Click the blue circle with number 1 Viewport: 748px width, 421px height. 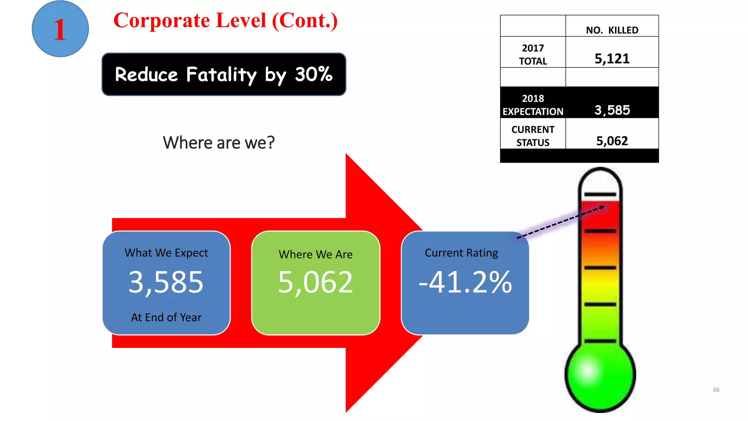pyautogui.click(x=60, y=29)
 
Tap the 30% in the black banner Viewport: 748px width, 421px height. pyautogui.click(x=314, y=74)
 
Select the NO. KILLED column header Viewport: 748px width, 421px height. pyautogui.click(x=612, y=30)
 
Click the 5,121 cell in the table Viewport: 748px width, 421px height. pyautogui.click(x=612, y=58)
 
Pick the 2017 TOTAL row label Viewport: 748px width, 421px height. pyautogui.click(x=533, y=54)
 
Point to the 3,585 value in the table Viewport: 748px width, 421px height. pyautogui.click(x=612, y=110)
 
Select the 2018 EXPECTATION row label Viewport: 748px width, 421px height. pyautogui.click(x=533, y=105)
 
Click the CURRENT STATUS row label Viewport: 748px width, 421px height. pyautogui.click(x=533, y=136)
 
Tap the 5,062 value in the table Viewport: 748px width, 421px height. pyautogui.click(x=612, y=141)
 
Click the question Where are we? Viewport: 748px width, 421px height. pyautogui.click(x=218, y=143)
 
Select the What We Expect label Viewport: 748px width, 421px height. pyautogui.click(x=166, y=253)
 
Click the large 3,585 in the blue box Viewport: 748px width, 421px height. pyautogui.click(x=166, y=282)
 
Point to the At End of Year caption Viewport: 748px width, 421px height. pyautogui.click(x=166, y=317)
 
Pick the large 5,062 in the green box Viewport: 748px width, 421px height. pyautogui.click(x=316, y=282)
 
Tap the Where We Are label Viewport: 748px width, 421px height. pyautogui.click(x=316, y=254)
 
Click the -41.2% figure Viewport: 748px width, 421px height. pyautogui.click(x=465, y=282)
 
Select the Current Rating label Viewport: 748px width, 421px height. pyautogui.click(x=461, y=253)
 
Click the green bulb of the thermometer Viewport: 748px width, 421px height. pyautogui.click(x=600, y=376)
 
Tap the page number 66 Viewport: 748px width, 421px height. pyautogui.click(x=716, y=390)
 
